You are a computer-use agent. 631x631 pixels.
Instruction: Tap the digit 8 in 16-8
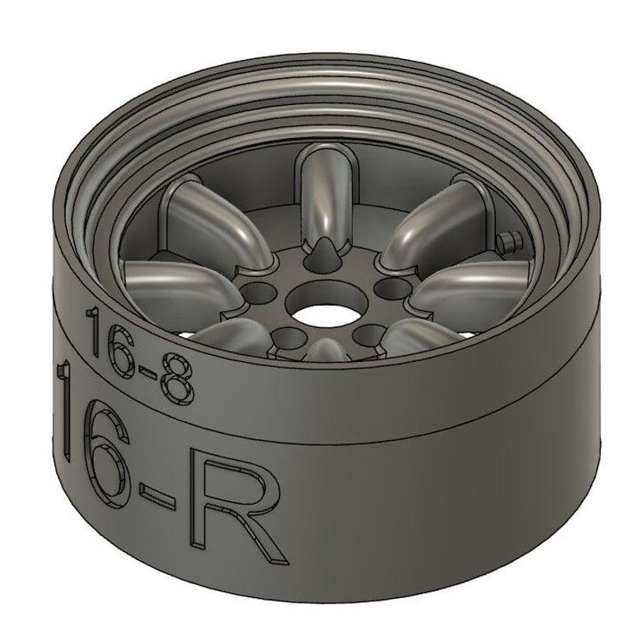(x=177, y=379)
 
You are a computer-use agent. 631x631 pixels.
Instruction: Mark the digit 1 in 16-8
(x=93, y=330)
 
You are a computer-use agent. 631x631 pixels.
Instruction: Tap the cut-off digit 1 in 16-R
(x=64, y=406)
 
